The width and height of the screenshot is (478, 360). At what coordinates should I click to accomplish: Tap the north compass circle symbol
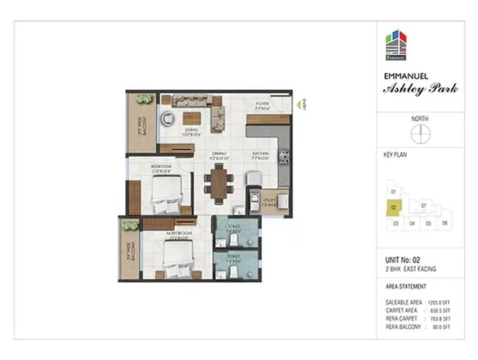point(421,134)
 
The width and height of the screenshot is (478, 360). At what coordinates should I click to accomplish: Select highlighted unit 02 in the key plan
point(393,208)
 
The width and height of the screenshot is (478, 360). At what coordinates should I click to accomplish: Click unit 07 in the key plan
point(424,205)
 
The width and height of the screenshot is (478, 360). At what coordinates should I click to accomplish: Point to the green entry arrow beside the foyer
point(297,104)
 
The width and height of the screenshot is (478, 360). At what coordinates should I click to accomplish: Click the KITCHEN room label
point(261,154)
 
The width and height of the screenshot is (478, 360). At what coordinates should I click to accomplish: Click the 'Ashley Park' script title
point(421,89)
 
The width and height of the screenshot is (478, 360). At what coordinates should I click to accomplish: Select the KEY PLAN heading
point(396,154)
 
